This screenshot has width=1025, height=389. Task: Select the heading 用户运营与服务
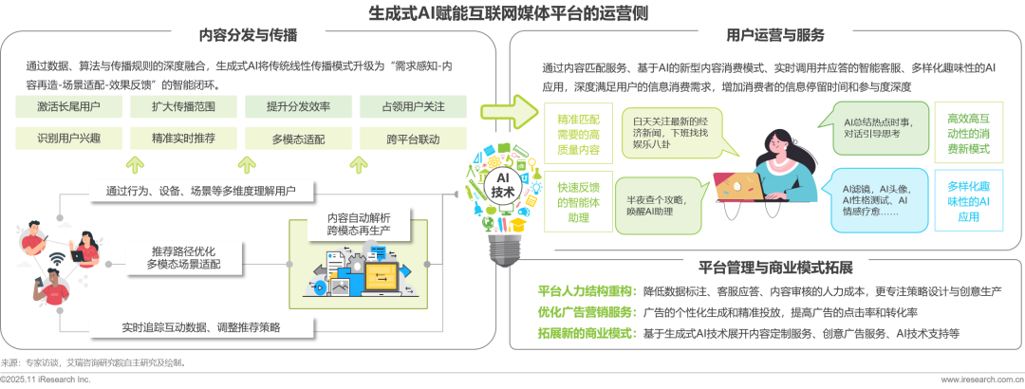click(x=774, y=36)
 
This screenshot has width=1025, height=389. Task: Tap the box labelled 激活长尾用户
click(x=68, y=106)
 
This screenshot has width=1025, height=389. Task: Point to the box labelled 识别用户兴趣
click(x=68, y=139)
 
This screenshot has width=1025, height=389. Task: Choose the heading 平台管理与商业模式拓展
click(x=774, y=267)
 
